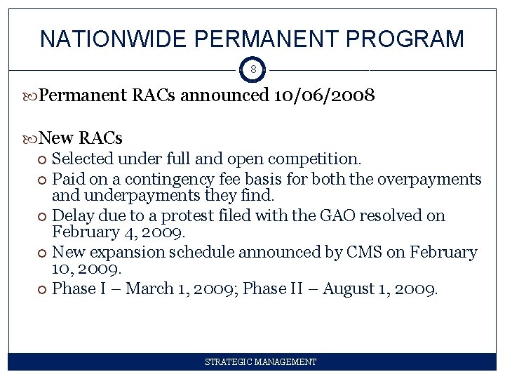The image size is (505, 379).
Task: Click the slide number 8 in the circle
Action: click(252, 70)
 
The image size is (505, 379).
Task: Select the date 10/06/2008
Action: click(324, 95)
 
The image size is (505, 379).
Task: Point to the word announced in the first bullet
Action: click(224, 95)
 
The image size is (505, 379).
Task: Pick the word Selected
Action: click(83, 159)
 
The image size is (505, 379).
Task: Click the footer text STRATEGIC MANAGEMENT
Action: click(260, 362)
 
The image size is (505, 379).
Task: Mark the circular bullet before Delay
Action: click(43, 216)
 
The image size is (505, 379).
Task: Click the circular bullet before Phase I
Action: click(43, 289)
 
